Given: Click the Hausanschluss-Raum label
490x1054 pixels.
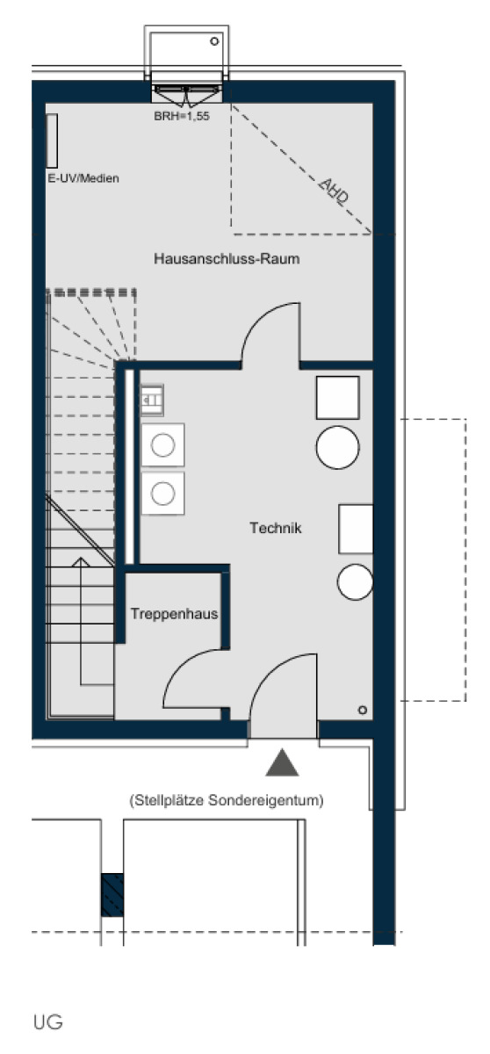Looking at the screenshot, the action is [x=227, y=259].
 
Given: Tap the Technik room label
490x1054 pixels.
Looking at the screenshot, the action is [x=276, y=528].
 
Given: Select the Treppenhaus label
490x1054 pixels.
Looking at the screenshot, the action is [x=175, y=614].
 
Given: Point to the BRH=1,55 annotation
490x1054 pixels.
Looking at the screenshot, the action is [x=182, y=116].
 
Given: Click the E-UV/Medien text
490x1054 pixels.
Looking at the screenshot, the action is [x=83, y=178].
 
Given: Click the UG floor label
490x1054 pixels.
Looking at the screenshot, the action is [x=48, y=1022].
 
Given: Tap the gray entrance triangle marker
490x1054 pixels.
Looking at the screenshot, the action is [x=282, y=763].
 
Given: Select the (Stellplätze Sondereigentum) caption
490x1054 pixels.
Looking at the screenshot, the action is [x=227, y=800].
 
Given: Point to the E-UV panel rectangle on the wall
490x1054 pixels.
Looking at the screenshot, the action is [x=52, y=141].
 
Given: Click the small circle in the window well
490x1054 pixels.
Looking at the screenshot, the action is [x=214, y=41].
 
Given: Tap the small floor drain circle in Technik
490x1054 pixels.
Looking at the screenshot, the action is [x=362, y=710].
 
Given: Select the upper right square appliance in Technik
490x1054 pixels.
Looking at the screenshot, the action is [x=337, y=398].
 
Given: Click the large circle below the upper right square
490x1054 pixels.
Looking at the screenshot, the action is [x=337, y=447].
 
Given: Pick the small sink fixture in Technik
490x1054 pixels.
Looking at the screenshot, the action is [x=153, y=401].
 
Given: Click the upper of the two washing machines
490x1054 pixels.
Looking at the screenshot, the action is [x=162, y=445].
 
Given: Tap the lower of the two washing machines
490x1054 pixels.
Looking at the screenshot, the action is [x=162, y=494].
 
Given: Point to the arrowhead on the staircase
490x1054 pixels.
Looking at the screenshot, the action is [x=81, y=562].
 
